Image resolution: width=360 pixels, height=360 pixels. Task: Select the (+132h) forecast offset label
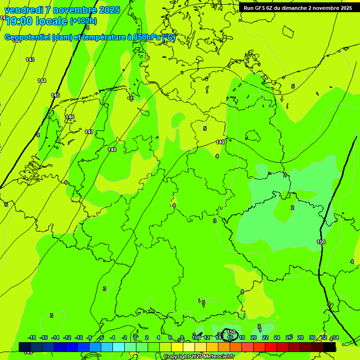point(83,21)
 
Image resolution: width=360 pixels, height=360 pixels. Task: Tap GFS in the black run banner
point(260,8)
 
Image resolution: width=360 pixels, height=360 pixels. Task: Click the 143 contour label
point(30,60)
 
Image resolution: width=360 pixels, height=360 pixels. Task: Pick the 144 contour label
point(42,81)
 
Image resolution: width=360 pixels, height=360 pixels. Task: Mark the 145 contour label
point(55,95)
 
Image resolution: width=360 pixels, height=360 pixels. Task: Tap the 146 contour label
point(70,117)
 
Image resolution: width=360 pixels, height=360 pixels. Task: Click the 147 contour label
point(89,132)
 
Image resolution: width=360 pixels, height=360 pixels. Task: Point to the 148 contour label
point(112,150)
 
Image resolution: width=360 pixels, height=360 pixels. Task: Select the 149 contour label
point(220,142)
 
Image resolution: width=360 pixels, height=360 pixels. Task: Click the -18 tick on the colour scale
point(32,337)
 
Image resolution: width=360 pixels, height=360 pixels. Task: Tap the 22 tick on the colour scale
point(265,337)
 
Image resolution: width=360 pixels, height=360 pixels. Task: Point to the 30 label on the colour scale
point(312,337)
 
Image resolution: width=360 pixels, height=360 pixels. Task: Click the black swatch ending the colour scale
point(330,347)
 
